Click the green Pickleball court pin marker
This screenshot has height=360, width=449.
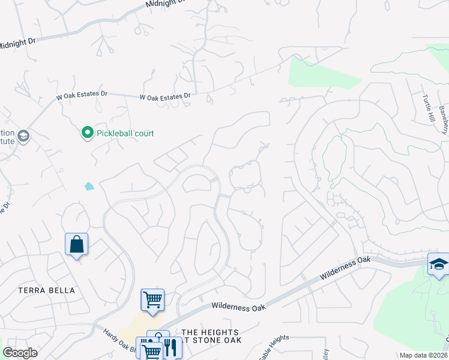point(87,133)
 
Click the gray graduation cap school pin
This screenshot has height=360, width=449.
point(23,136)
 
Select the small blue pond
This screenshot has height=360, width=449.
point(89,186)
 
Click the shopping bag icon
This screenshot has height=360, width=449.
point(76,244)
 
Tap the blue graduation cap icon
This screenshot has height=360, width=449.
point(438,264)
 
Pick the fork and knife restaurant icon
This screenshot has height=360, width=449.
point(171,347)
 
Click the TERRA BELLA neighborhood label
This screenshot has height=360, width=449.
point(47,290)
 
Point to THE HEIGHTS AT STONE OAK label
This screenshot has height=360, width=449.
point(210,336)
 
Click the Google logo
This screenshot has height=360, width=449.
point(20,352)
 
